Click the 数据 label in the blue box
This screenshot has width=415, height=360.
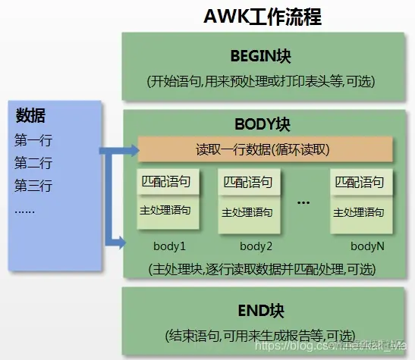pyautogui.click(x=30, y=116)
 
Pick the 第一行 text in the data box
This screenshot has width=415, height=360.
pyautogui.click(x=33, y=140)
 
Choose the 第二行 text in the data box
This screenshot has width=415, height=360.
pyautogui.click(x=33, y=163)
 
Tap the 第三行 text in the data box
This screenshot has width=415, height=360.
pyautogui.click(x=33, y=186)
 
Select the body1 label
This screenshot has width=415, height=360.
pyautogui.click(x=170, y=246)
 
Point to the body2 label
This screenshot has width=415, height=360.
pyautogui.click(x=256, y=246)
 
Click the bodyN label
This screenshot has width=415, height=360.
pyautogui.click(x=367, y=246)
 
